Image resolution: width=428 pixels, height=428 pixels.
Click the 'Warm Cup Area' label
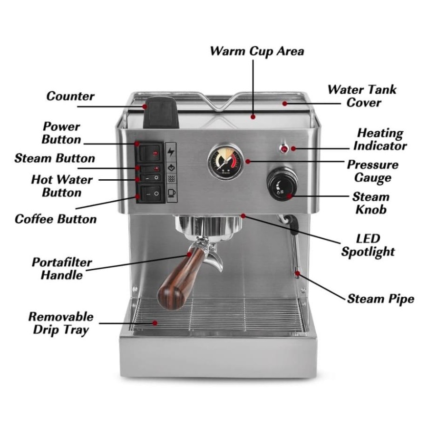click(257, 51)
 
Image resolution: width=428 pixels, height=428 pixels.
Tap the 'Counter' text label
click(70, 96)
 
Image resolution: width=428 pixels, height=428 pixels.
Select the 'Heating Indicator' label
click(380, 139)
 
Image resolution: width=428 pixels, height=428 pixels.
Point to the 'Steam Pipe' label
click(380, 299)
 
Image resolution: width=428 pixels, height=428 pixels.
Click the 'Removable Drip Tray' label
click(61, 323)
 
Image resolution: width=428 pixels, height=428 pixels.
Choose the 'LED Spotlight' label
click(368, 245)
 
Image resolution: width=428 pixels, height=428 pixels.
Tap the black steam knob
click(282, 184)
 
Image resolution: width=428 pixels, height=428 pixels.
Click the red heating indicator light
click(284, 149)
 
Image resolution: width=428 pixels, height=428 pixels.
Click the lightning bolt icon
click(171, 152)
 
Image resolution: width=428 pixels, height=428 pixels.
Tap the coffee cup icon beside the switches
click(171, 193)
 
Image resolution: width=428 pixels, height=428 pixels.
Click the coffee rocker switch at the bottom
click(151, 194)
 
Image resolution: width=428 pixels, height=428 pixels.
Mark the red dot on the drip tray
click(155, 323)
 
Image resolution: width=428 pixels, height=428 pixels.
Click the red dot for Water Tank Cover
click(285, 104)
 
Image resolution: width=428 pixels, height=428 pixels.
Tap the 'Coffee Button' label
click(56, 219)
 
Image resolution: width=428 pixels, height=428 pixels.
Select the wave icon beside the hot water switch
click(171, 179)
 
